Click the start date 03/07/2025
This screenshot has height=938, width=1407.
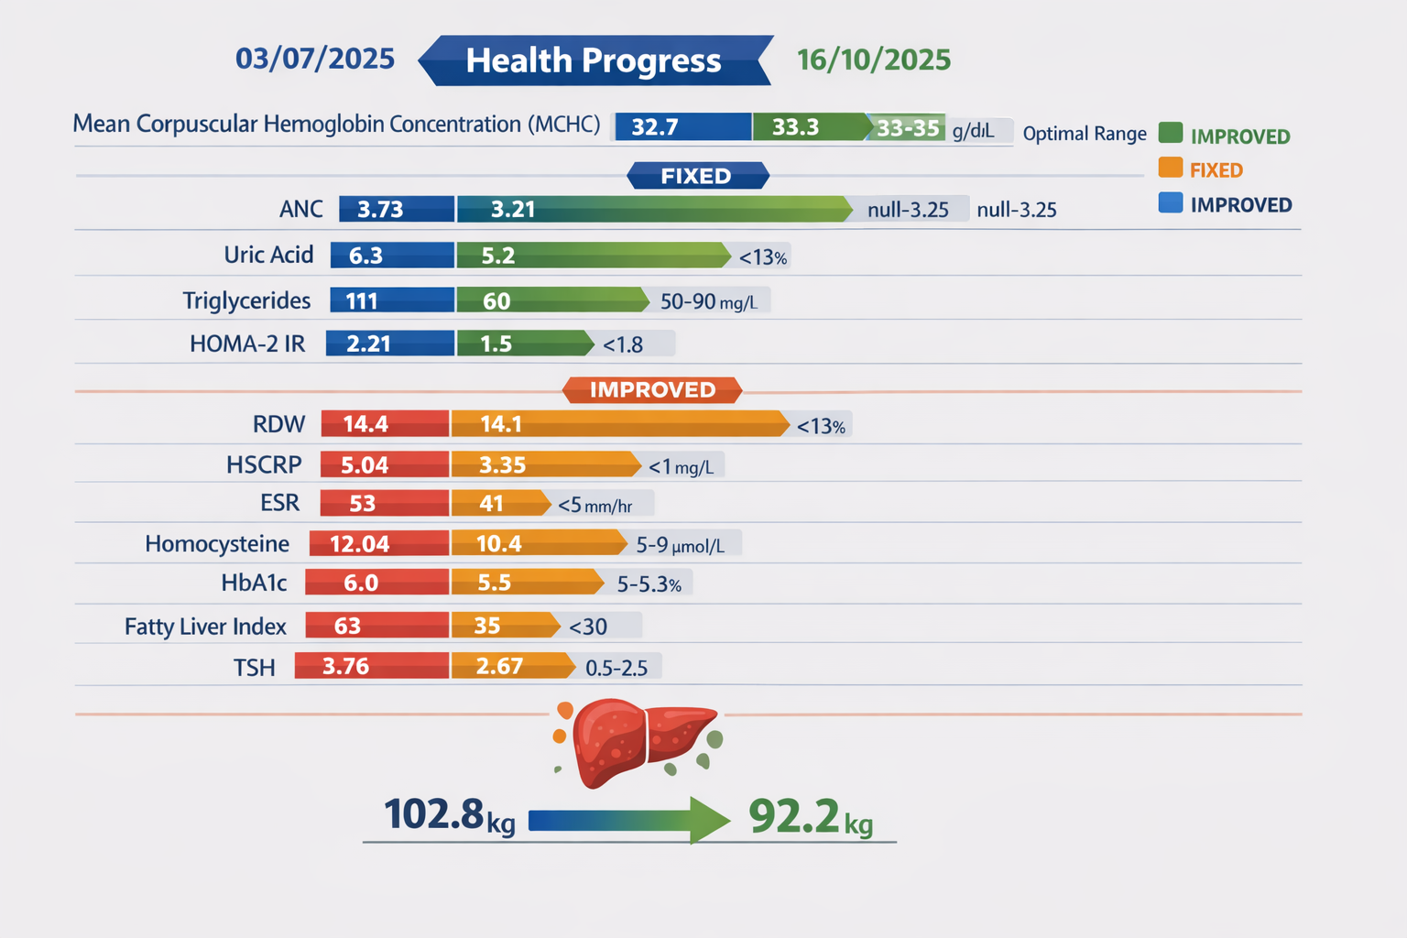coord(315,59)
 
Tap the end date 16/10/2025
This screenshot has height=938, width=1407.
coord(873,60)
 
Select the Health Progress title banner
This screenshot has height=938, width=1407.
coord(594,60)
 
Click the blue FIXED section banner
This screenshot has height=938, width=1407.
coord(697,176)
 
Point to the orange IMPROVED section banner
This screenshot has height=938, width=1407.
coord(652,390)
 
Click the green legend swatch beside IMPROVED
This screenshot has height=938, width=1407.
coord(1170,134)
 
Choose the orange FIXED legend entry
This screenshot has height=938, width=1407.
coord(1215,169)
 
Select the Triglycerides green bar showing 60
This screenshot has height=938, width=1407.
coord(550,300)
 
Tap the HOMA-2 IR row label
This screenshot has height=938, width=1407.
coord(247,344)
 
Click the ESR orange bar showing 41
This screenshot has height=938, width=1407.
coord(499,504)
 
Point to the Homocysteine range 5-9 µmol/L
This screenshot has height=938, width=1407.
coord(681,545)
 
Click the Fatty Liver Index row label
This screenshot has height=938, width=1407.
coord(205,627)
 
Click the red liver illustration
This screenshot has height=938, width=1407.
coord(641,740)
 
